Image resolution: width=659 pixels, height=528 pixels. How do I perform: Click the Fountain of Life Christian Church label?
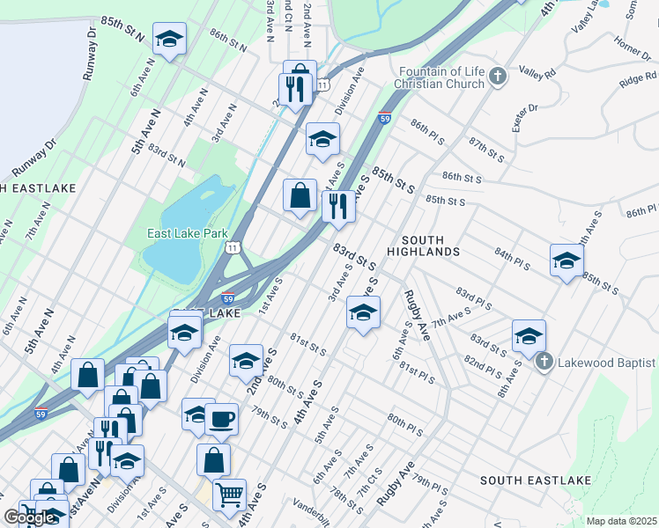tap(441, 77)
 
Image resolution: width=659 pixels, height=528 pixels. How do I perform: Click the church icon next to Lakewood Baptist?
tap(544, 361)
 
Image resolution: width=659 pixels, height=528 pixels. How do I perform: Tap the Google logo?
tap(29, 517)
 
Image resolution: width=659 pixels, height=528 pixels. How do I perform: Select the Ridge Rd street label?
tap(637, 81)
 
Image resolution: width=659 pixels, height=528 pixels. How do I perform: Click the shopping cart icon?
tap(229, 494)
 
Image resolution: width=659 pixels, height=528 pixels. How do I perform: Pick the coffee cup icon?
tap(222, 418)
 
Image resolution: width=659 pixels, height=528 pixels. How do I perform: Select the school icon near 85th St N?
tap(169, 38)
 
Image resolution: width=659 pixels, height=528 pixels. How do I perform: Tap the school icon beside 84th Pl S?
tap(566, 260)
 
